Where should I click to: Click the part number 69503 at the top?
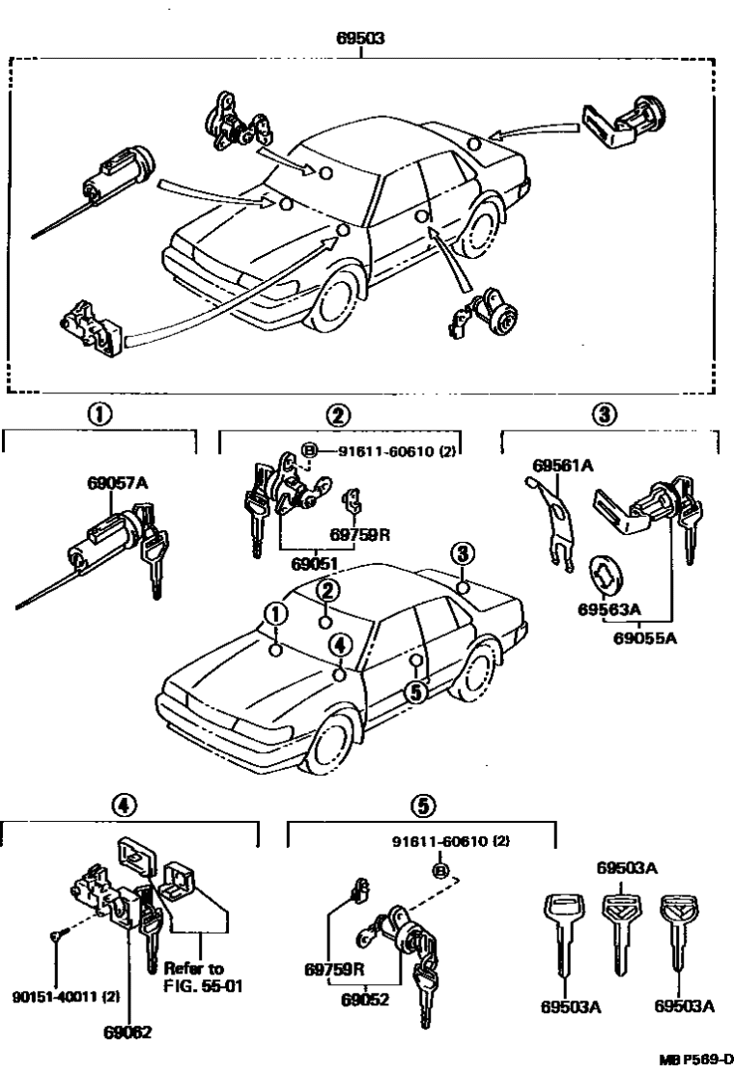point(361,40)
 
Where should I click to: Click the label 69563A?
point(608,610)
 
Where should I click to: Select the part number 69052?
point(365,1001)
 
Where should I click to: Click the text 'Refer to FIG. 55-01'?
point(193,975)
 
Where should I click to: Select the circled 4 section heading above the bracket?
point(121,804)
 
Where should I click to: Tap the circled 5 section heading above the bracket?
point(425,804)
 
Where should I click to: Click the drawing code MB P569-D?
point(695,1060)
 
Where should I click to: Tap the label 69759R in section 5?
point(331,969)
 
